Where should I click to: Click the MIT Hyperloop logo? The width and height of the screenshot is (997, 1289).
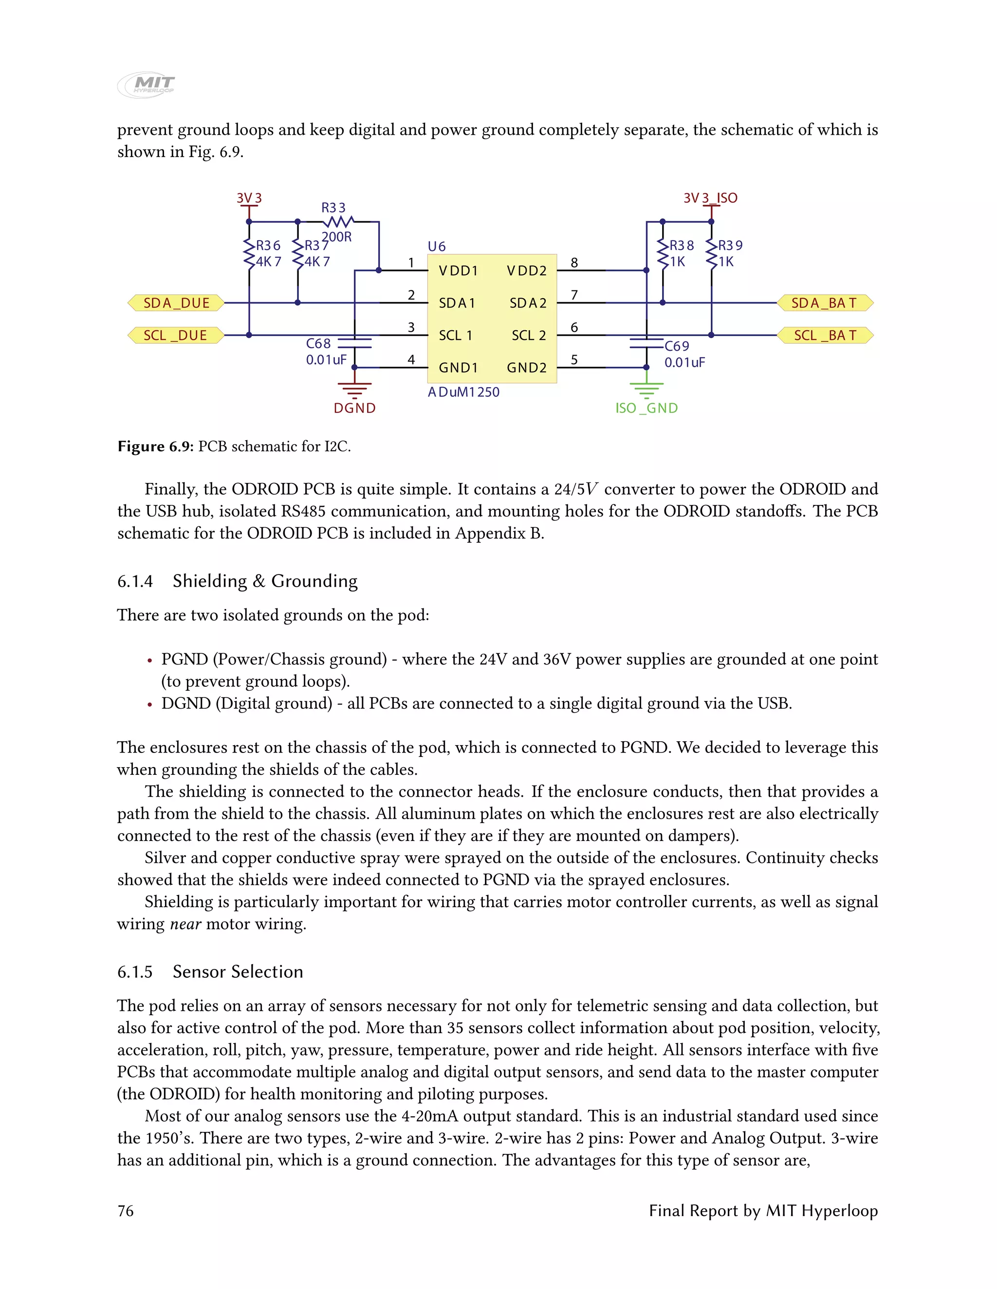click(147, 86)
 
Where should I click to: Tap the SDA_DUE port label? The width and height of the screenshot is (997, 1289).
click(176, 303)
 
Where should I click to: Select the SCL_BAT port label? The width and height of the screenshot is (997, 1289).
click(825, 335)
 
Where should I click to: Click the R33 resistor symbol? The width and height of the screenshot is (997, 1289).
click(338, 222)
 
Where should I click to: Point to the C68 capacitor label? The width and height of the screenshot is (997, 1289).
click(318, 343)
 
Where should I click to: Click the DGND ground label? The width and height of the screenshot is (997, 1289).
click(354, 408)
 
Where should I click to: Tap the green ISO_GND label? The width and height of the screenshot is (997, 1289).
click(646, 408)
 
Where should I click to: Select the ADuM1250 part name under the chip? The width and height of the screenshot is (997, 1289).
click(463, 392)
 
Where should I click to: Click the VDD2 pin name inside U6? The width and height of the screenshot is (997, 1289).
click(526, 271)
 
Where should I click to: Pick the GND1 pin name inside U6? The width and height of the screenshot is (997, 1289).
click(458, 368)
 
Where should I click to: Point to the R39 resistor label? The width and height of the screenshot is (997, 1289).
click(731, 245)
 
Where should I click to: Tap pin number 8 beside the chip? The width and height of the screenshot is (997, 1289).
click(573, 262)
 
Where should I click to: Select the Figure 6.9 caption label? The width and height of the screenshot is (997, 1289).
click(155, 446)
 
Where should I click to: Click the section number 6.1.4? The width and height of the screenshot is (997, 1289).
click(135, 581)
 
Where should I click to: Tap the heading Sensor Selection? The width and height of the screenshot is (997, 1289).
click(238, 971)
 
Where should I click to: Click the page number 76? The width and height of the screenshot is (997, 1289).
click(126, 1211)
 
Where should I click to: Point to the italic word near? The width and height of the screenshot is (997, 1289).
click(185, 924)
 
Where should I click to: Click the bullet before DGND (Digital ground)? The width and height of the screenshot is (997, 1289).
click(150, 704)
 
